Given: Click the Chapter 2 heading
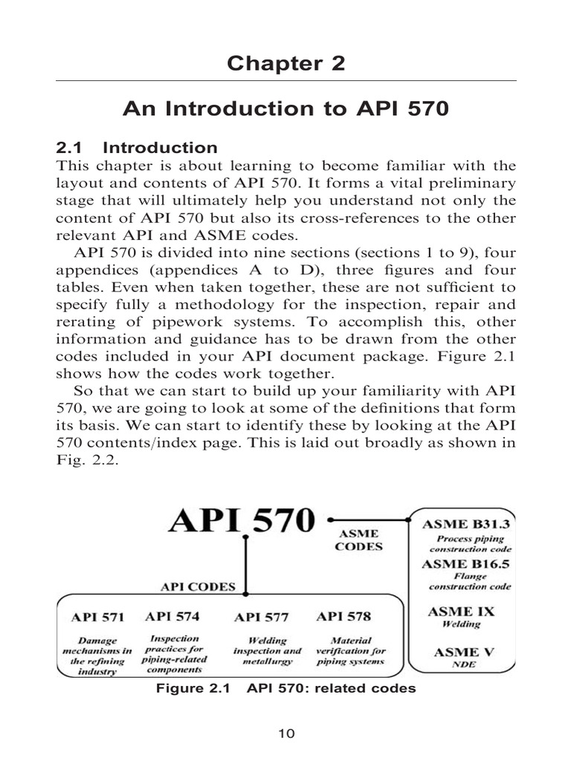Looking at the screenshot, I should coord(286,63).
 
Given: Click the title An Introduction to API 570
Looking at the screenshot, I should coord(286,109).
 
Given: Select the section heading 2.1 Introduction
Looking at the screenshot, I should coord(137,147).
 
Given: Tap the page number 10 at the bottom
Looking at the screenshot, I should coord(286,734).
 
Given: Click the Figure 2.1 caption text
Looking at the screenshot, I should coord(285,688).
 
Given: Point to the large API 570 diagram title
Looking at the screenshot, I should coord(241,521).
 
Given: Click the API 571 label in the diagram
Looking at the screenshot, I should coord(97,617).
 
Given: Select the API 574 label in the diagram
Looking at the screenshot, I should coord(173,616).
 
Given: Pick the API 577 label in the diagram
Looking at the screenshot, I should coord(261,617).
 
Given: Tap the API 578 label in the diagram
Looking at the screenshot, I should coord(343,616).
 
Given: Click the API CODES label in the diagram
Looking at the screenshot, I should coord(198,586).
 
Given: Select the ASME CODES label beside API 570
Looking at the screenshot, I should coord(360,540).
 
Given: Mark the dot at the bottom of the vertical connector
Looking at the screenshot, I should coord(246,593).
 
